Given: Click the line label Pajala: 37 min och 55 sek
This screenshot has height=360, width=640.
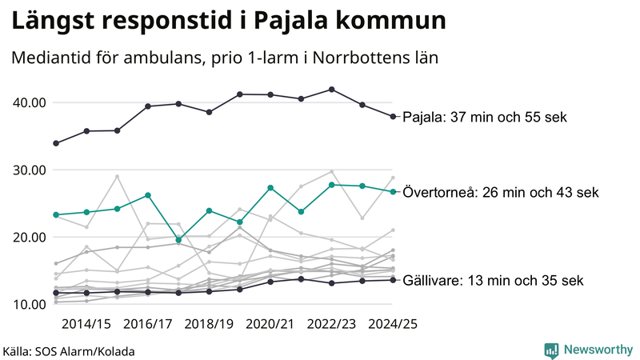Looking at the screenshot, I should point(484,117).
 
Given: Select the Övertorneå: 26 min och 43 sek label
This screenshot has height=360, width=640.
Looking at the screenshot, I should point(501,192).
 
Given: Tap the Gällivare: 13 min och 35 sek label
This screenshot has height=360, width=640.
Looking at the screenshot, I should point(494,280).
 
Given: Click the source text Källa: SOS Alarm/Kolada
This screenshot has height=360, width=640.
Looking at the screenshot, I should point(70,351).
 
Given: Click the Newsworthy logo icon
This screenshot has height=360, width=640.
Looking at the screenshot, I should point(551,350).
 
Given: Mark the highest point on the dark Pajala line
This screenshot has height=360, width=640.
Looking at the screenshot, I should point(332,90).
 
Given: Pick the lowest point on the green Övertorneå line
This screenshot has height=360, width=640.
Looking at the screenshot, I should point(178,240).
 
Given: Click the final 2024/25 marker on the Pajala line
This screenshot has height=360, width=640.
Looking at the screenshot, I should point(393,117).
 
